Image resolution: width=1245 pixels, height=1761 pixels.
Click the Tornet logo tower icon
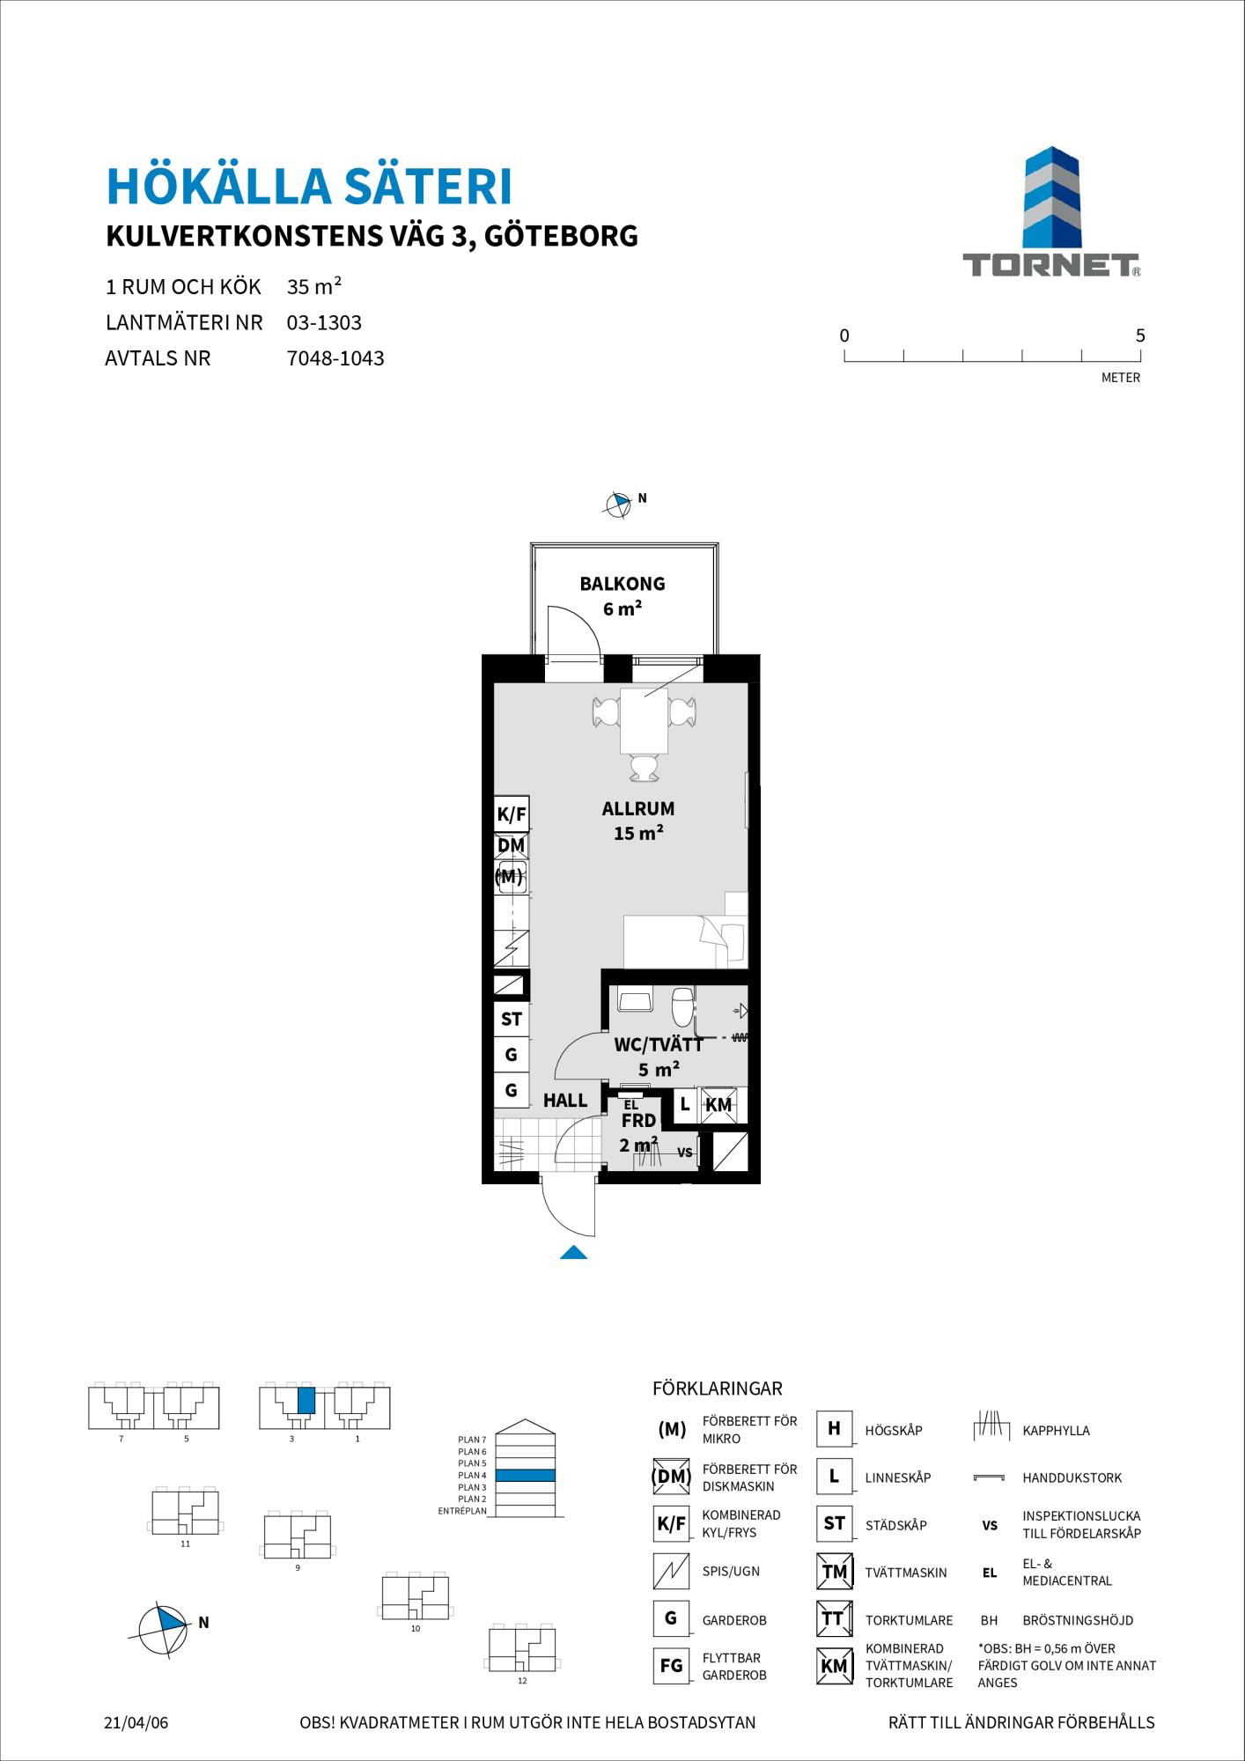tap(1051, 198)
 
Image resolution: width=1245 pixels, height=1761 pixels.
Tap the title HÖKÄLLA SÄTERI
tap(309, 187)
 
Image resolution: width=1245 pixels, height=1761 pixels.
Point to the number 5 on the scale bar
tap(1140, 335)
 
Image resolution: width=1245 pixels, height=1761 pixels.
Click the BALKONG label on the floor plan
tap(622, 583)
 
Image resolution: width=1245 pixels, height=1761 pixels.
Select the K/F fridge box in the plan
tap(512, 814)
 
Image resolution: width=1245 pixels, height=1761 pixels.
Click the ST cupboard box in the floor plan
tap(512, 1020)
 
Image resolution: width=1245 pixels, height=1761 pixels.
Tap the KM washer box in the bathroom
tap(718, 1105)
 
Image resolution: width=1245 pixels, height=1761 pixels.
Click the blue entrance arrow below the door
tap(573, 1252)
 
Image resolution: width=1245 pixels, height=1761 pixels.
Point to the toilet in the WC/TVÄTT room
tap(682, 1005)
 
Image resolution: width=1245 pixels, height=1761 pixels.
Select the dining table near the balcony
tap(645, 720)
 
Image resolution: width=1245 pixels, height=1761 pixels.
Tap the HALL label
tap(565, 1100)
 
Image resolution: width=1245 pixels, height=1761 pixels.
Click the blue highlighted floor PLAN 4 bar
tap(525, 1475)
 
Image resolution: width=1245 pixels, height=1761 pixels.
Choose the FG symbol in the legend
tap(671, 1665)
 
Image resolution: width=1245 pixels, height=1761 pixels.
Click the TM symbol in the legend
tap(834, 1572)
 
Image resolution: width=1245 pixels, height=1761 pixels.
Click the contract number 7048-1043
tap(335, 358)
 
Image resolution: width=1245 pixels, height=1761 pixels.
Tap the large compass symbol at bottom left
tap(164, 1623)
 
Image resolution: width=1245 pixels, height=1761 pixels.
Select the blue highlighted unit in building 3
tap(306, 1400)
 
